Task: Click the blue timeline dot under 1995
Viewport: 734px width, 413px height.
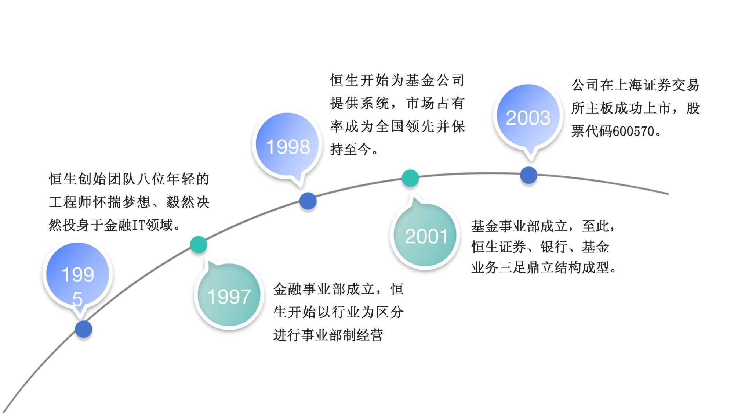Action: pyautogui.click(x=84, y=329)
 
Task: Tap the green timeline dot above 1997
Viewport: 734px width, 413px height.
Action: pyautogui.click(x=199, y=245)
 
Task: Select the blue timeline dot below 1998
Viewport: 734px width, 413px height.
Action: pyautogui.click(x=308, y=201)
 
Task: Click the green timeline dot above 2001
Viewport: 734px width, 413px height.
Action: pyautogui.click(x=410, y=178)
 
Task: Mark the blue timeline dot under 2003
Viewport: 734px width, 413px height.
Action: pyautogui.click(x=529, y=175)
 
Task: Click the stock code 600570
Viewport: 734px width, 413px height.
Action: pyautogui.click(x=633, y=131)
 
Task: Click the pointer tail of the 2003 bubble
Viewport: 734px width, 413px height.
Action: pyautogui.click(x=531, y=155)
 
